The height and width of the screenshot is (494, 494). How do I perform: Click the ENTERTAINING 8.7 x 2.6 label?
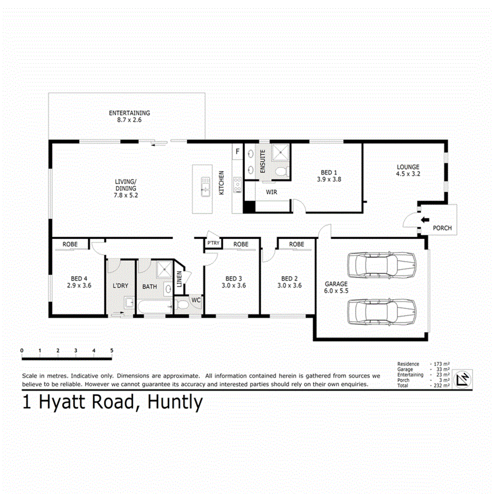129,116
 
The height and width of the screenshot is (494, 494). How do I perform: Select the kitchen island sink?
205,187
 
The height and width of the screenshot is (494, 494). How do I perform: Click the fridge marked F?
238,150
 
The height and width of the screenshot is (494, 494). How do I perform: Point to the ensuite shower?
280,152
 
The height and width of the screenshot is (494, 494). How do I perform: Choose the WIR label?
271,193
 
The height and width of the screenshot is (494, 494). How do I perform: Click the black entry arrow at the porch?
425,220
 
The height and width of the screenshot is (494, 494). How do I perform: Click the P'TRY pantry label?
212,244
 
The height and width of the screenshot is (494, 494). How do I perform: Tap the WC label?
195,300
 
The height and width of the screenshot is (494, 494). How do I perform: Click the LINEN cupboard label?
179,279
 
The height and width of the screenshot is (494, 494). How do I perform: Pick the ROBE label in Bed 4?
69,244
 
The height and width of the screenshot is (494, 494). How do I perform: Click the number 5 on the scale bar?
111,350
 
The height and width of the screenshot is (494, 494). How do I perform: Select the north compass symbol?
464,378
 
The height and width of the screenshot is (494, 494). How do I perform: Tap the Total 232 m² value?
442,386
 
